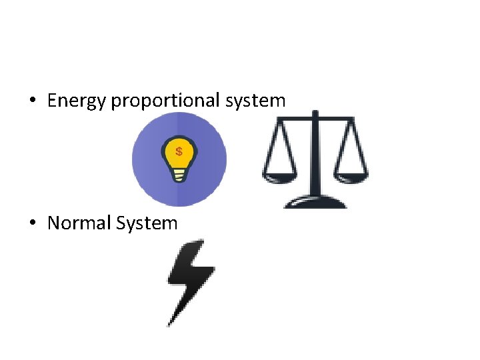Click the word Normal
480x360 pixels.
coord(79,223)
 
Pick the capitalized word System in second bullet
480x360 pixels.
coord(147,223)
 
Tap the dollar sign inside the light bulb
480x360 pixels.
coord(179,151)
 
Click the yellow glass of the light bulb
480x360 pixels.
coord(179,155)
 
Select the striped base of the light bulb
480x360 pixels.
coord(179,175)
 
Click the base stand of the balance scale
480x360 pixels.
coord(315,202)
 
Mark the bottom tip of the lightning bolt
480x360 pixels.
coord(170,324)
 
